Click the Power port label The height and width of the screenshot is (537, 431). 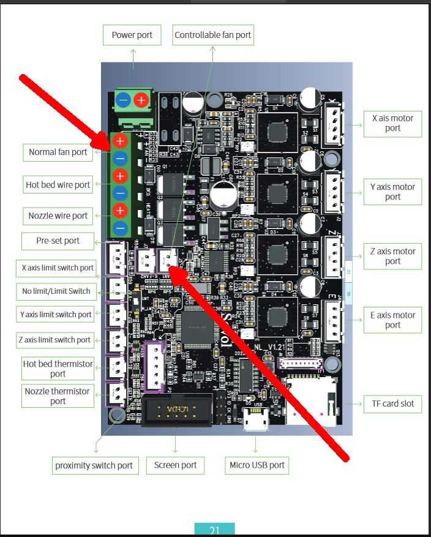pyautogui.click(x=132, y=35)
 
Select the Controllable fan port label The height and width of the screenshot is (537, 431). pyautogui.click(x=212, y=35)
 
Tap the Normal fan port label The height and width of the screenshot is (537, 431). pyautogui.click(x=58, y=152)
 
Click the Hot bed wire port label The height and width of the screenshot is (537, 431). pyautogui.click(x=58, y=184)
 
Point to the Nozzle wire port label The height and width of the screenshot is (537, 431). pyautogui.click(x=58, y=216)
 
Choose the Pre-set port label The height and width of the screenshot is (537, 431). pyautogui.click(x=58, y=241)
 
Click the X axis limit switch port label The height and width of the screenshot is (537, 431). pyautogui.click(x=58, y=268)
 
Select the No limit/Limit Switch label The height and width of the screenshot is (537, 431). pyautogui.click(x=56, y=291)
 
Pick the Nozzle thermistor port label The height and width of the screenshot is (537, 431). pyautogui.click(x=58, y=396)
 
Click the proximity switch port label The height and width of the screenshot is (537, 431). pyautogui.click(x=94, y=465)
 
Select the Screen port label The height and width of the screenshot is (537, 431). pyautogui.click(x=176, y=465)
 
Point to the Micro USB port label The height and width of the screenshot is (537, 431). pyautogui.click(x=257, y=465)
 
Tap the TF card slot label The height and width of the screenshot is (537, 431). pyautogui.click(x=392, y=404)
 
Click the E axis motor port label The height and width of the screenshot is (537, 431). pyautogui.click(x=392, y=320)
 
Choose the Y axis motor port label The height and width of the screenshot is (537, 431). pyautogui.click(x=392, y=192)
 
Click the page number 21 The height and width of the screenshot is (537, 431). pyautogui.click(x=214, y=530)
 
